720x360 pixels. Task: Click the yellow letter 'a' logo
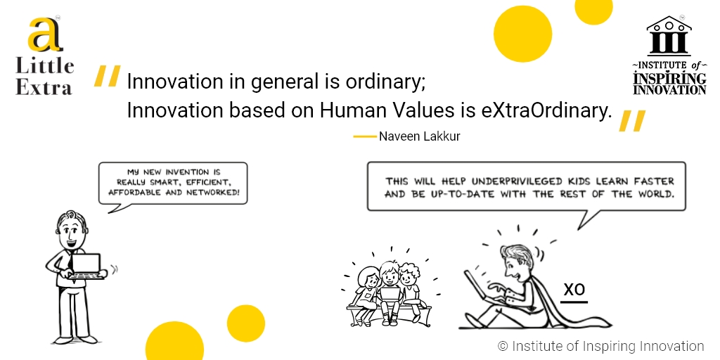pos(44,35)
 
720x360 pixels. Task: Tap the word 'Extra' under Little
pos(44,87)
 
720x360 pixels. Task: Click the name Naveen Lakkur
pos(419,136)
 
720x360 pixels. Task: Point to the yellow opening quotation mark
pos(107,76)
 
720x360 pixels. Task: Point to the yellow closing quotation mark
pos(632,121)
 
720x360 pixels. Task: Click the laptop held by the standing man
pos(86,266)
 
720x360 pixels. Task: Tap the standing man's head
pos(71,230)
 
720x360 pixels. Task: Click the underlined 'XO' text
pos(574,290)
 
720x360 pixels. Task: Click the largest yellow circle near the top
pos(522,34)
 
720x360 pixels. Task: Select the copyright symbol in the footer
pos(503,346)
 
